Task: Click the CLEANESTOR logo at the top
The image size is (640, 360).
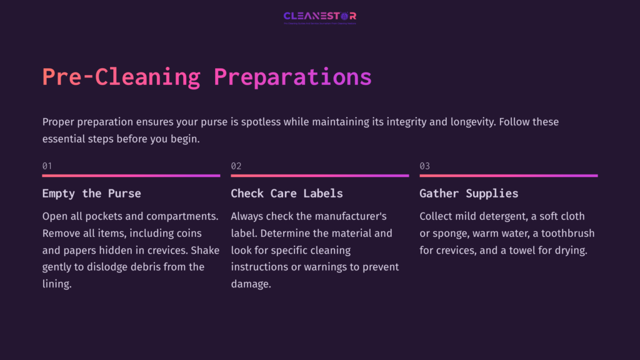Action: [x=319, y=16]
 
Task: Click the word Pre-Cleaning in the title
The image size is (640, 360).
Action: [x=121, y=77]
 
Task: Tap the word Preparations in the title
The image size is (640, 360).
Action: [x=292, y=77]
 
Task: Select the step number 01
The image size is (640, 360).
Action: [x=47, y=166]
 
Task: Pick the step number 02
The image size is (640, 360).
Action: [x=236, y=166]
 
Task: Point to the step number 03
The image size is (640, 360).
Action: [x=424, y=166]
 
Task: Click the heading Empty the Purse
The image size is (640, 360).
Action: [x=91, y=193]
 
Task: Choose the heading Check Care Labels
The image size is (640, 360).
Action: [x=286, y=193]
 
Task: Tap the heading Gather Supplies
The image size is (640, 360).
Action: [x=469, y=193]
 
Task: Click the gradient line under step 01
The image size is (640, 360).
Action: [x=131, y=176]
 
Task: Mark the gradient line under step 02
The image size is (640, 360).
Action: [x=319, y=176]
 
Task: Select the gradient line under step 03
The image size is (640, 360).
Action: [x=508, y=176]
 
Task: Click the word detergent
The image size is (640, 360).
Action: [x=499, y=216]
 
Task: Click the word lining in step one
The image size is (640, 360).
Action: [x=57, y=284]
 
